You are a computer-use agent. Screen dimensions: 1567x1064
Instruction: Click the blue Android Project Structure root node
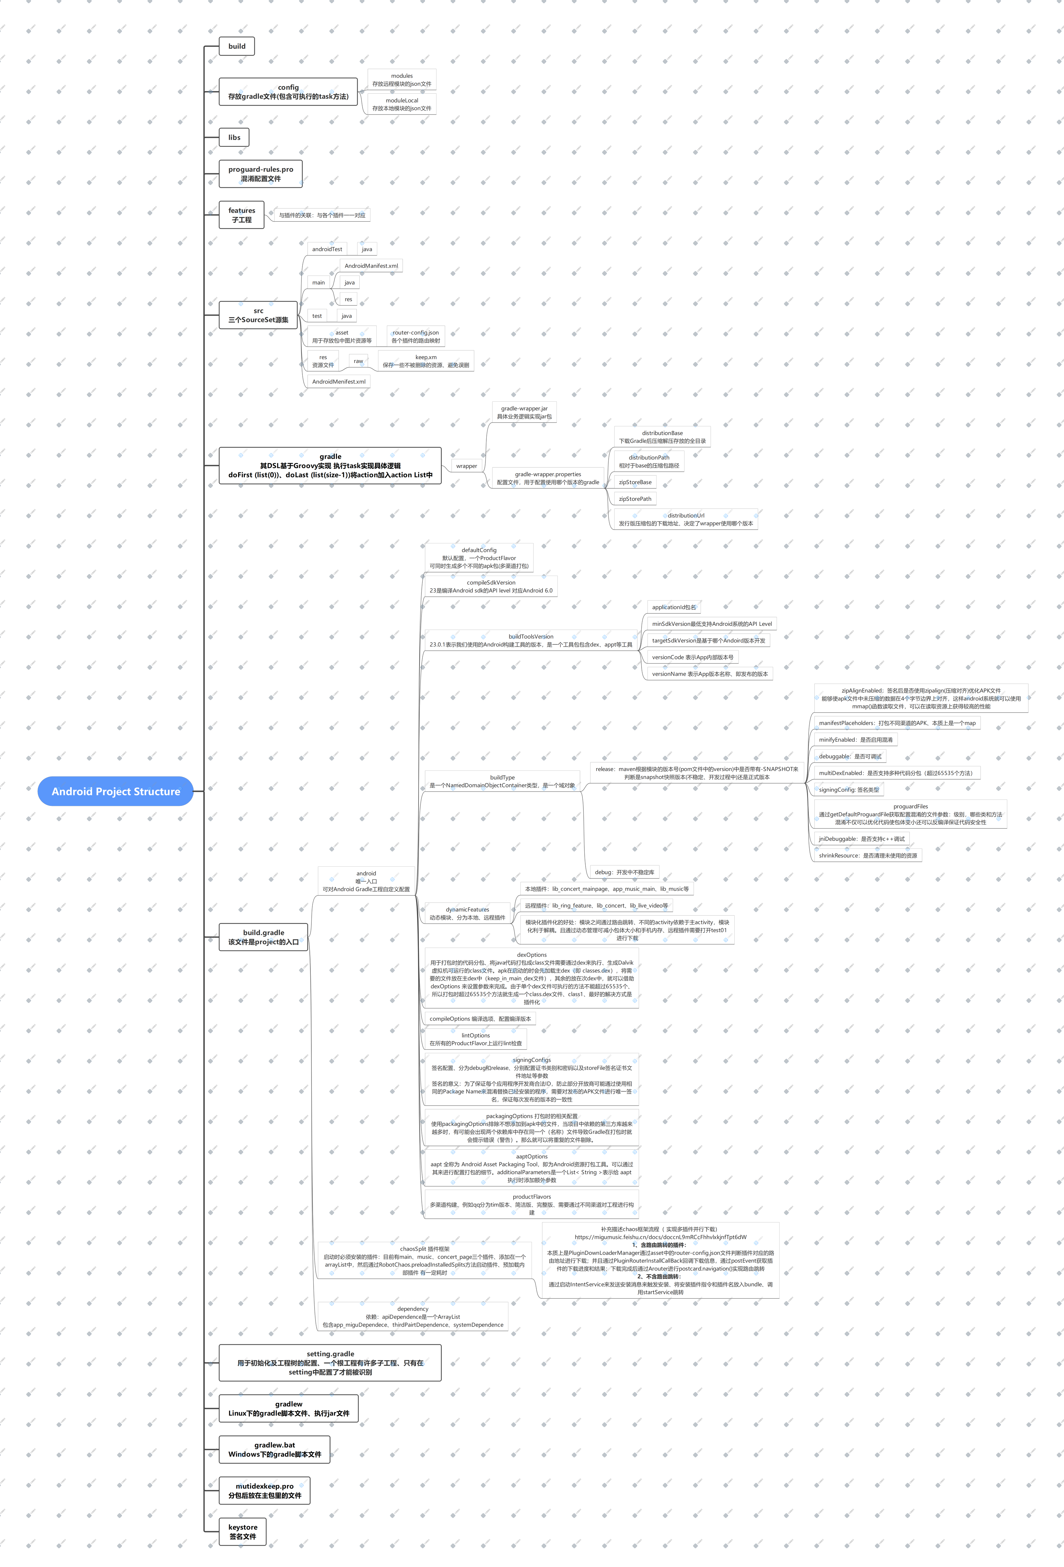click(x=116, y=791)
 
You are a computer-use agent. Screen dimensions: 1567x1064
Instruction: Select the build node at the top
click(x=237, y=46)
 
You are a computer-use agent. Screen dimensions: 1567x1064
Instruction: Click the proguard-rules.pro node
click(x=260, y=174)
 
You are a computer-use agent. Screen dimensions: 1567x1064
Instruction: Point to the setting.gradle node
click(x=330, y=1363)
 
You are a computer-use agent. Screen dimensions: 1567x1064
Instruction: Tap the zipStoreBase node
click(x=635, y=482)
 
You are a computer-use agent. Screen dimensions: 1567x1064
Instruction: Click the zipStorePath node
click(x=635, y=499)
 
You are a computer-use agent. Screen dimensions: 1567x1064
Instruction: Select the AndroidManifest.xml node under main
click(x=371, y=266)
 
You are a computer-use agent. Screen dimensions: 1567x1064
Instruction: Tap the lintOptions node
click(x=476, y=1039)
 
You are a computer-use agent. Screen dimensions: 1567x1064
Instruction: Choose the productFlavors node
click(x=532, y=1204)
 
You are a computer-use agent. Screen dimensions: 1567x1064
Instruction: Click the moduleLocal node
click(x=402, y=104)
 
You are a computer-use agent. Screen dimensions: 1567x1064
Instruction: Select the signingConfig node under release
click(x=849, y=790)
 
